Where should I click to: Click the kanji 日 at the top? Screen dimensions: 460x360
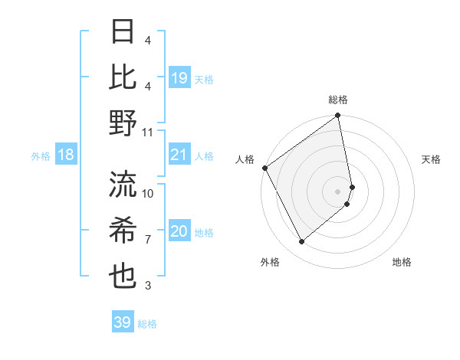click(123, 33)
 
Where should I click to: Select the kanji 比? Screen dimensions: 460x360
click(123, 78)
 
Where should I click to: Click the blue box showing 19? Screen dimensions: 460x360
click(179, 78)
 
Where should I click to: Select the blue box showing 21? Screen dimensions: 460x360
click(179, 155)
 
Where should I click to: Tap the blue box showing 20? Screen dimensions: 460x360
click(179, 232)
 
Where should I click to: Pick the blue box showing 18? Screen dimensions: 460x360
click(66, 155)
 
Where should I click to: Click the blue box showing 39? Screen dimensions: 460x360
click(123, 322)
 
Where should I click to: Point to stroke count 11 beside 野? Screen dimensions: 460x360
click(148, 133)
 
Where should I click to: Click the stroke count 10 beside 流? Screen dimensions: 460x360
click(148, 194)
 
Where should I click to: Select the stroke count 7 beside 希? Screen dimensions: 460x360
click(148, 240)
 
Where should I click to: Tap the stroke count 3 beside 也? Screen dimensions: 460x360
click(148, 286)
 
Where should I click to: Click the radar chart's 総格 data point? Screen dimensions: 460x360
click(338, 116)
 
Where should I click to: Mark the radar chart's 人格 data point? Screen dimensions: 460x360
click(264, 168)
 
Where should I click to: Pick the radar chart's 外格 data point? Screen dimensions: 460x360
click(301, 242)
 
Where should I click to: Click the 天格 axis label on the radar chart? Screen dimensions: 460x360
click(431, 159)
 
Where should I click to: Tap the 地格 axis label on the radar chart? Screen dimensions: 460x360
click(402, 262)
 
